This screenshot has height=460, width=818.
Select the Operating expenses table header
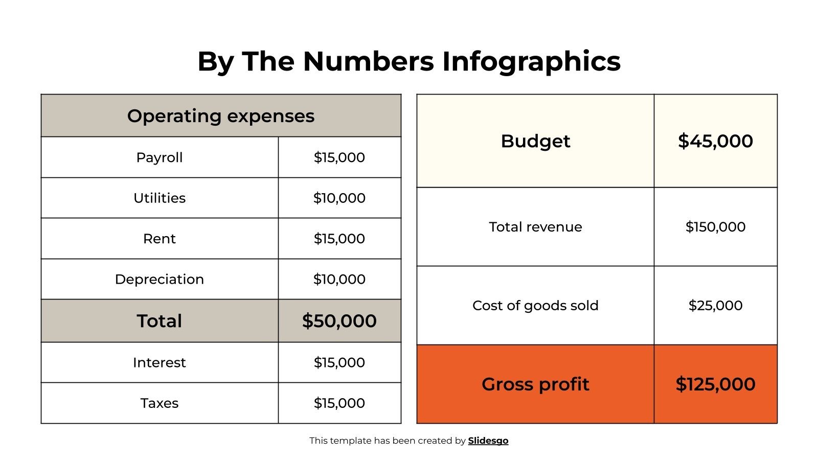coord(221,116)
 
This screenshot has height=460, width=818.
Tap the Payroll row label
coord(160,157)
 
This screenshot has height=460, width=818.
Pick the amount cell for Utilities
coord(339,198)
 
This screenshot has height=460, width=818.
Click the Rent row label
coord(160,239)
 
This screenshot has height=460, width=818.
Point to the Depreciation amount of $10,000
coord(339,280)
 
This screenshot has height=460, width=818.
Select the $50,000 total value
coord(339,321)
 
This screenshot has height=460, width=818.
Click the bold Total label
coord(160,321)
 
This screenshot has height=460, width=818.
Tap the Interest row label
coord(160,362)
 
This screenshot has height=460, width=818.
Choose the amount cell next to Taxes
coord(339,403)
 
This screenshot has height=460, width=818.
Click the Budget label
coord(535,141)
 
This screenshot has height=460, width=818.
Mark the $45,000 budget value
coord(715,141)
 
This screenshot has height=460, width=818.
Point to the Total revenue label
coord(535,227)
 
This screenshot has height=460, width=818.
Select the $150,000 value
coord(715,227)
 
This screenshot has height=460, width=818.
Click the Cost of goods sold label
coord(535,306)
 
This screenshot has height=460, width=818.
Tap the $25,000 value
coord(715,306)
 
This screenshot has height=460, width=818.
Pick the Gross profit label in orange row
coord(535,384)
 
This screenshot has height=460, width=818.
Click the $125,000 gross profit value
coord(715,384)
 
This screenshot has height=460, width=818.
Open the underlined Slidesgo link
coord(488,441)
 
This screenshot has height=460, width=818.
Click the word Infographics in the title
coord(531,61)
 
